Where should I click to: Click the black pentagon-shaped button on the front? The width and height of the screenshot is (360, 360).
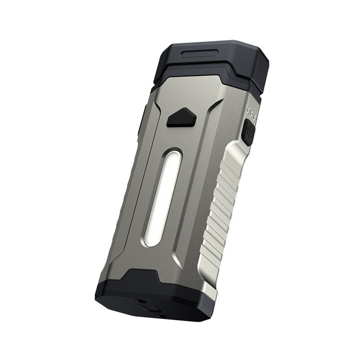tap(181, 118)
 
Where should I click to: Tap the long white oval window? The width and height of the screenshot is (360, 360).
tap(164, 198)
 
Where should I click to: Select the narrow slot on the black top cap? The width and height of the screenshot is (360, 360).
tap(202, 55)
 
